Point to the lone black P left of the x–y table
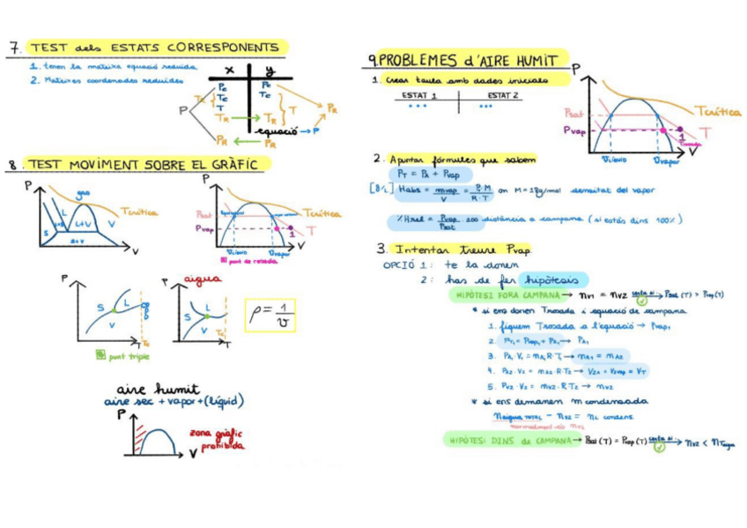(183, 110)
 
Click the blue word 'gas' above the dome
(84, 193)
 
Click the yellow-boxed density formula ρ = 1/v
(271, 315)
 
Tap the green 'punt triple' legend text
(128, 356)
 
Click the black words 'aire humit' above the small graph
(158, 388)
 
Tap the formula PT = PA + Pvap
(428, 174)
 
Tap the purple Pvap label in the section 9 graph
(573, 130)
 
